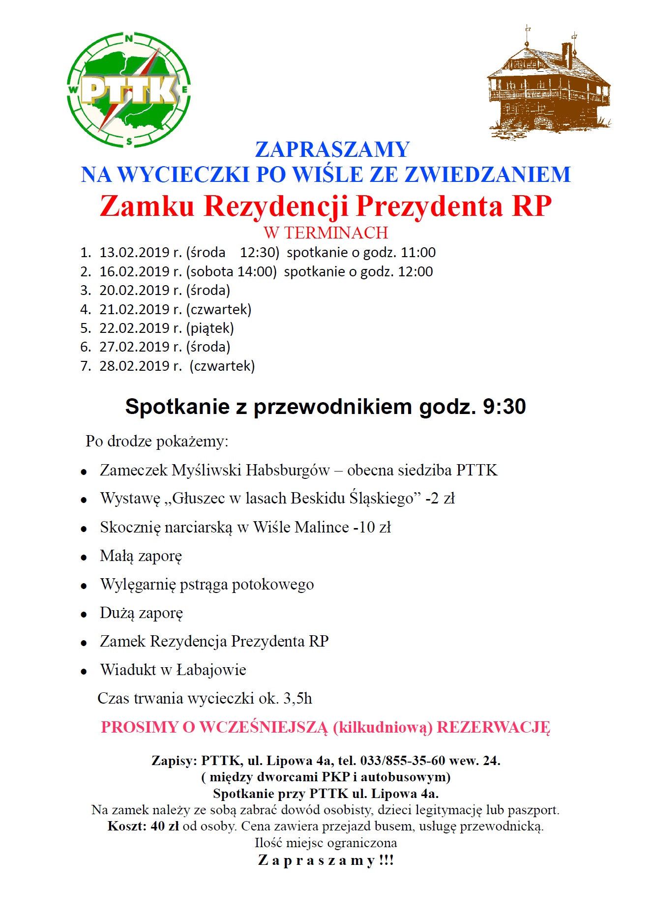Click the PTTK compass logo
128,90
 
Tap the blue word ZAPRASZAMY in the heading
332,149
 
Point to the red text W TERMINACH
326,233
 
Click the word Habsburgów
288,470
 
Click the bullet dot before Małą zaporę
84,558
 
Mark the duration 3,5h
297,698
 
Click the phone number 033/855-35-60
403,761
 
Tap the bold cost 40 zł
165,826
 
